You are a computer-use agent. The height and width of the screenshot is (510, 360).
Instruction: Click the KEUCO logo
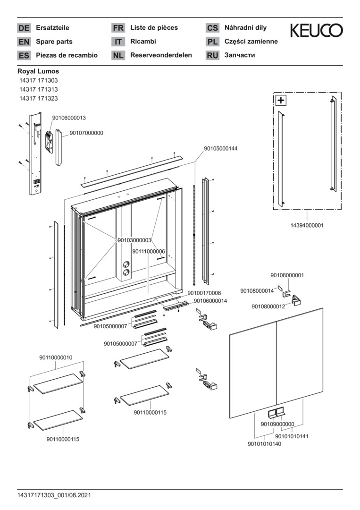point(316,31)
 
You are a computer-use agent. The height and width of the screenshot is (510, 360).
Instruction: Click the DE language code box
point(24,28)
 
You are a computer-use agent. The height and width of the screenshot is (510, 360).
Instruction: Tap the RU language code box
point(212,55)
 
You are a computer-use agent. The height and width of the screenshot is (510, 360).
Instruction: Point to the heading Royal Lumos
point(38,71)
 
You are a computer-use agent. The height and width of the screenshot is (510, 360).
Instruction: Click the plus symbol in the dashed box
point(281,100)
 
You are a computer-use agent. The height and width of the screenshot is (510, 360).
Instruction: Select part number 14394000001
point(307,226)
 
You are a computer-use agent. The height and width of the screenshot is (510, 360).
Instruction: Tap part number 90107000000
point(86,133)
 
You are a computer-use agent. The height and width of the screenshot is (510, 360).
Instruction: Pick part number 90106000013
point(69,118)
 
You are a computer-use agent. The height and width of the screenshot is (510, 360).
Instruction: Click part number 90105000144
point(221,148)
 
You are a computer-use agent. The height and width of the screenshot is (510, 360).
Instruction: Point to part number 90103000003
point(134,240)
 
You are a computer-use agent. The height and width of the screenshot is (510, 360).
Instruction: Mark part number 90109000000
point(277,424)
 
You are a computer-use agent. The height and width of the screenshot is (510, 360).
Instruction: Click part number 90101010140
point(264,444)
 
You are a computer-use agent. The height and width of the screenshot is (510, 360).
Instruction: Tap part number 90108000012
point(268,306)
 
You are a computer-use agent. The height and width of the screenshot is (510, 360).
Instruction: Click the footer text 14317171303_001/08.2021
point(54,495)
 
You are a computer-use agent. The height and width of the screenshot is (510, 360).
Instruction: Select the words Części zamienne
point(251,42)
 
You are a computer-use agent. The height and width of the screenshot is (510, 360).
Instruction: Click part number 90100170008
point(204,293)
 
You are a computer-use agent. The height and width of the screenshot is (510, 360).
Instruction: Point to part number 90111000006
point(149,251)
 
